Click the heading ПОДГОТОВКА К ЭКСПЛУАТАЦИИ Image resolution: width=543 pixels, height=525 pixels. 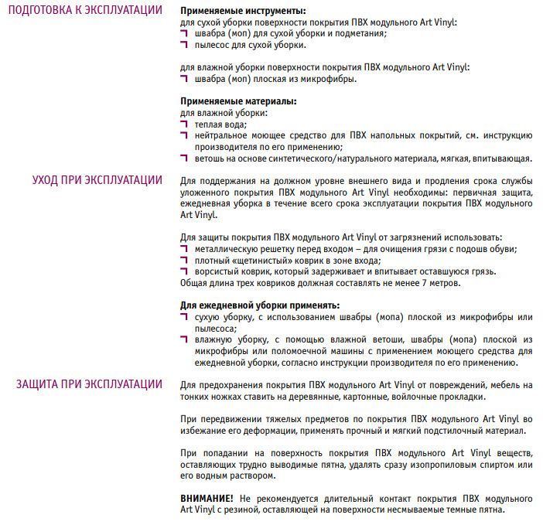[84, 11]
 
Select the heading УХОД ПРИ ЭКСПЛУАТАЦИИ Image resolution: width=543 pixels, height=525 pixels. [97, 180]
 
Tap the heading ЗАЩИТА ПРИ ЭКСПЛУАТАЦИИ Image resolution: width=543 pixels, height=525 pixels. [89, 384]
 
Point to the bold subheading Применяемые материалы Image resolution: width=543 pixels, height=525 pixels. [239, 101]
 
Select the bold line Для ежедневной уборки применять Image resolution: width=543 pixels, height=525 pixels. [260, 305]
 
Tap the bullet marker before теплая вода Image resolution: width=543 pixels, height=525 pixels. [184, 124]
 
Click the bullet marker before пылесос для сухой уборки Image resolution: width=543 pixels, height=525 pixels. [184, 45]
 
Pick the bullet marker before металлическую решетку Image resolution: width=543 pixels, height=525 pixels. [184, 248]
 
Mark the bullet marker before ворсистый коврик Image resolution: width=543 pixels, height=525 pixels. [184, 271]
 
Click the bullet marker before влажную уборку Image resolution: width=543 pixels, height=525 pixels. [184, 339]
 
